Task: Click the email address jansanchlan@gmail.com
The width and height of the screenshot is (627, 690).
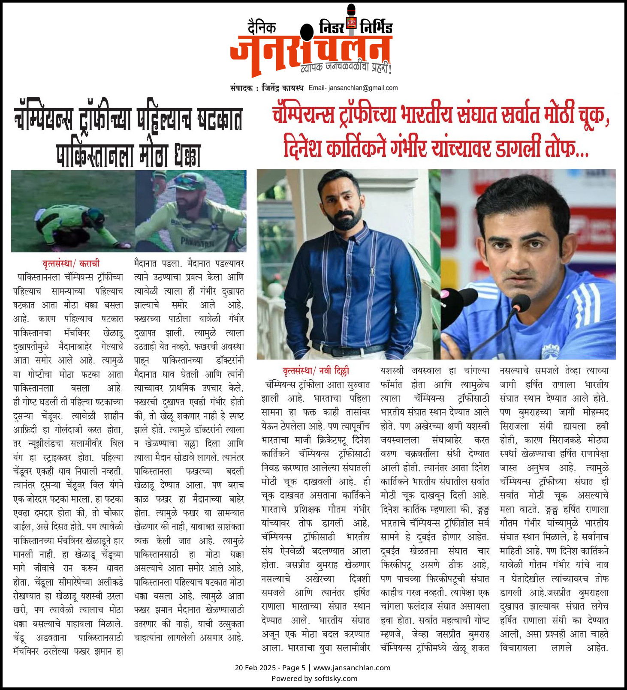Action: pos(363,88)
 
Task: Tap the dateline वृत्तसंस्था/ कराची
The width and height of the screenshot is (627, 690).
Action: pos(71,264)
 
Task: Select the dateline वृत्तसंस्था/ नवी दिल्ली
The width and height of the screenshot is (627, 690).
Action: pos(316,371)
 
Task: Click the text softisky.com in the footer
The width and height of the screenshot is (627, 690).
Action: pos(335,678)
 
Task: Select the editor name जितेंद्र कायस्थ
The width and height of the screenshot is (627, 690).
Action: pos(283,88)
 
